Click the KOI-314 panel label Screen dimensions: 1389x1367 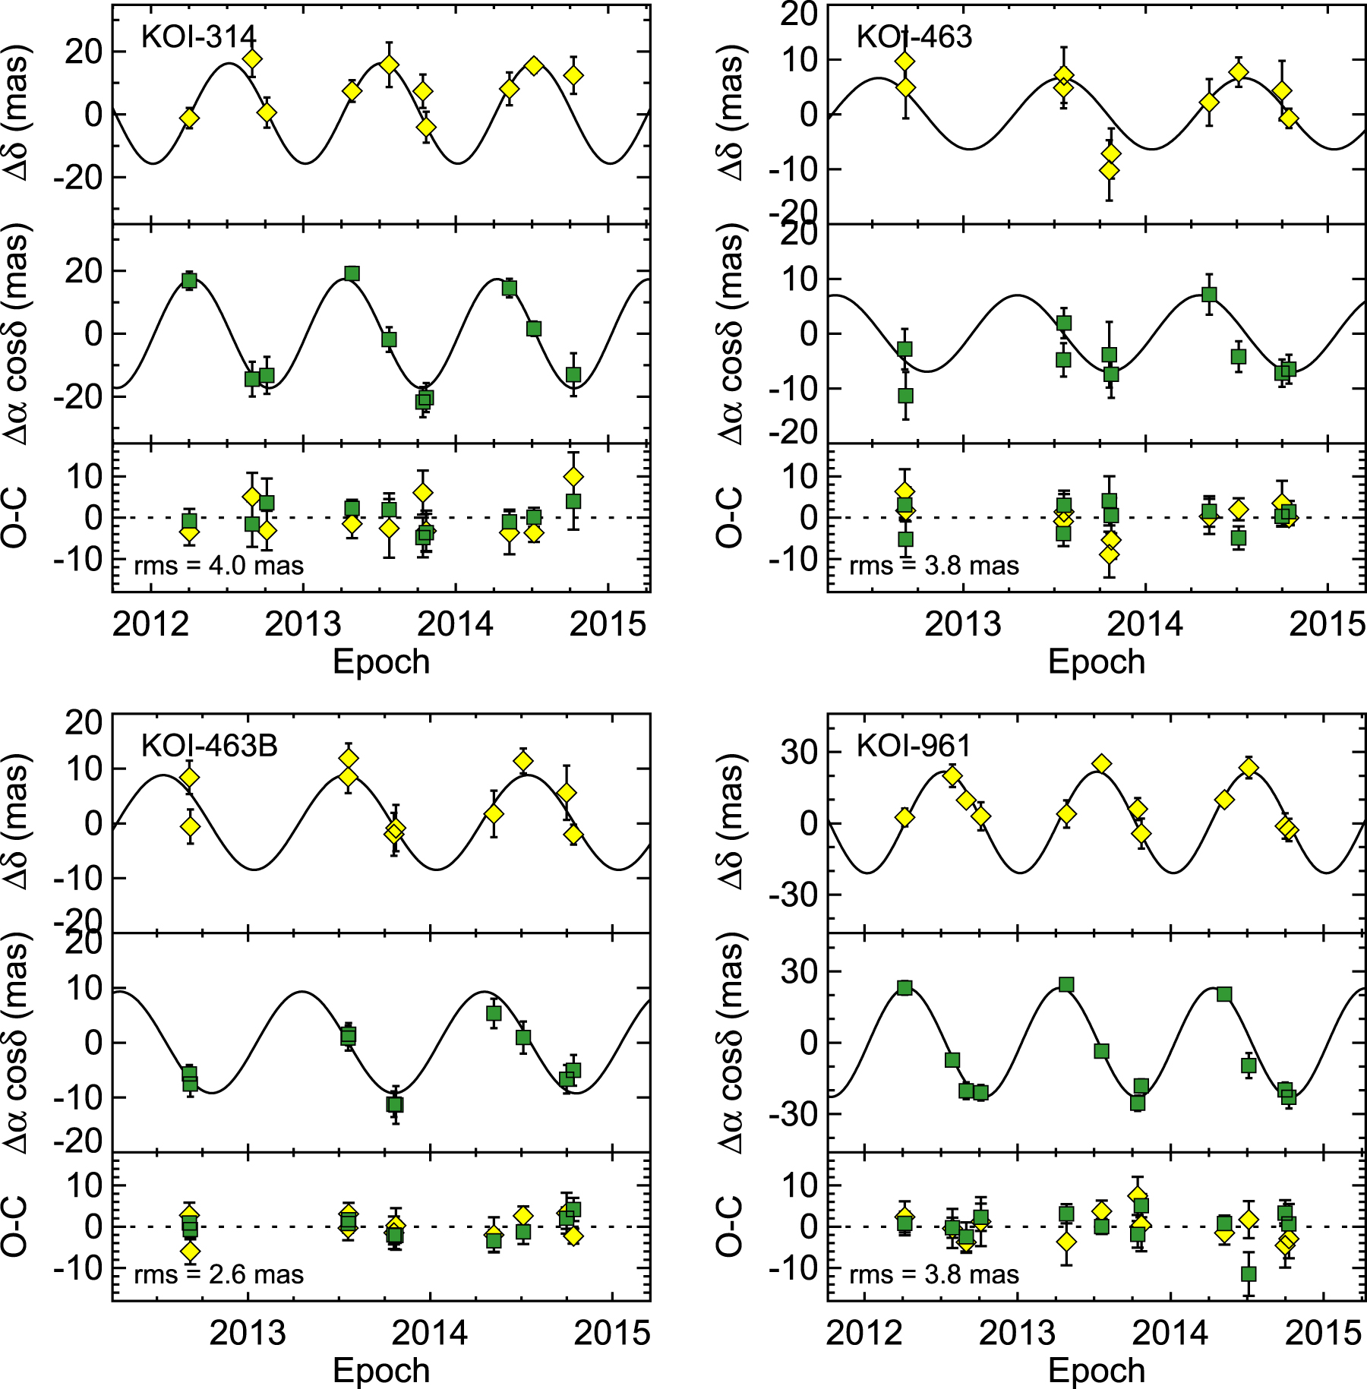click(198, 36)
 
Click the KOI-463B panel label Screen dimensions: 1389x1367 click(209, 746)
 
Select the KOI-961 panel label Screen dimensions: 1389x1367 click(914, 746)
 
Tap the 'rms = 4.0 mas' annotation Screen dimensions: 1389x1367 click(219, 566)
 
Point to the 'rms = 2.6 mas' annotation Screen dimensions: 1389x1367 click(219, 1274)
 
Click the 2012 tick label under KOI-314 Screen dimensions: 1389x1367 click(150, 624)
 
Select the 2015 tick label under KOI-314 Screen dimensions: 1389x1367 click(608, 624)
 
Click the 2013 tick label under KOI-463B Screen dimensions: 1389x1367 click(248, 1333)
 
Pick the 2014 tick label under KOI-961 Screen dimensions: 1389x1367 click(1170, 1333)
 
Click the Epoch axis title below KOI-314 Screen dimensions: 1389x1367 click(381, 661)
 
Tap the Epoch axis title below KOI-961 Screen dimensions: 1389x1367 click(1096, 1371)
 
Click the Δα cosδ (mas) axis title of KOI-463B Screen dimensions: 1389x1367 click(17, 1042)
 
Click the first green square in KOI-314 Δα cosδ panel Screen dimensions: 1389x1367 click(190, 281)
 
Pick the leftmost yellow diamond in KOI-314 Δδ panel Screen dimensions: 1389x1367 click(190, 118)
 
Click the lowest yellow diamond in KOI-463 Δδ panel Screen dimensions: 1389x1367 click(1110, 170)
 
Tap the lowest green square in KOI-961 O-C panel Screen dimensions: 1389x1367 click(1249, 1274)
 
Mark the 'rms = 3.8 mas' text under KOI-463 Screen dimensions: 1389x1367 click(934, 566)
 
